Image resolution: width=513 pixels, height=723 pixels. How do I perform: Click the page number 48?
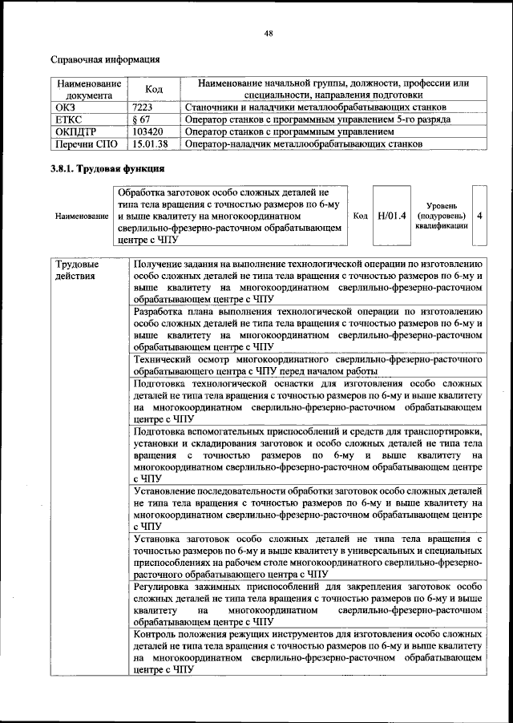[x=269, y=32]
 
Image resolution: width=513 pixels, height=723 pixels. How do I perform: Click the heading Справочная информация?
[x=105, y=59]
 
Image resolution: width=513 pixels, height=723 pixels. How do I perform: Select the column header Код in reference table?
[x=154, y=90]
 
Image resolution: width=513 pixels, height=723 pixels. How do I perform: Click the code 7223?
[x=144, y=106]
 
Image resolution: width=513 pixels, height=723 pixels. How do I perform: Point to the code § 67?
[x=143, y=119]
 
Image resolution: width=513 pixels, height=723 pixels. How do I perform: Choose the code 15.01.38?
[x=151, y=144]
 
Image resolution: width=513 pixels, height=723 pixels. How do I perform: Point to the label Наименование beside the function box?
[x=82, y=216]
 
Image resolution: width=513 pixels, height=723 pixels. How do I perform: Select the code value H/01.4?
[x=392, y=216]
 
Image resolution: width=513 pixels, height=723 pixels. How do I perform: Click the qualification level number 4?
[x=479, y=216]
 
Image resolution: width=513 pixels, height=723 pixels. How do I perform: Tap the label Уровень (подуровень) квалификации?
[x=442, y=216]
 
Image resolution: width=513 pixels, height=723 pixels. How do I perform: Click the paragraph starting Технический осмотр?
[x=307, y=366]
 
